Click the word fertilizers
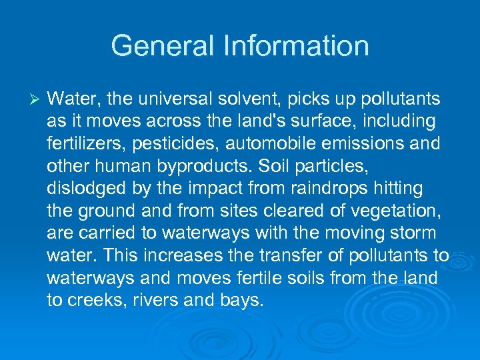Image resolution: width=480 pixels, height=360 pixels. coord(80,144)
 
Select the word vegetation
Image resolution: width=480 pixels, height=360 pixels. coord(393,211)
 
